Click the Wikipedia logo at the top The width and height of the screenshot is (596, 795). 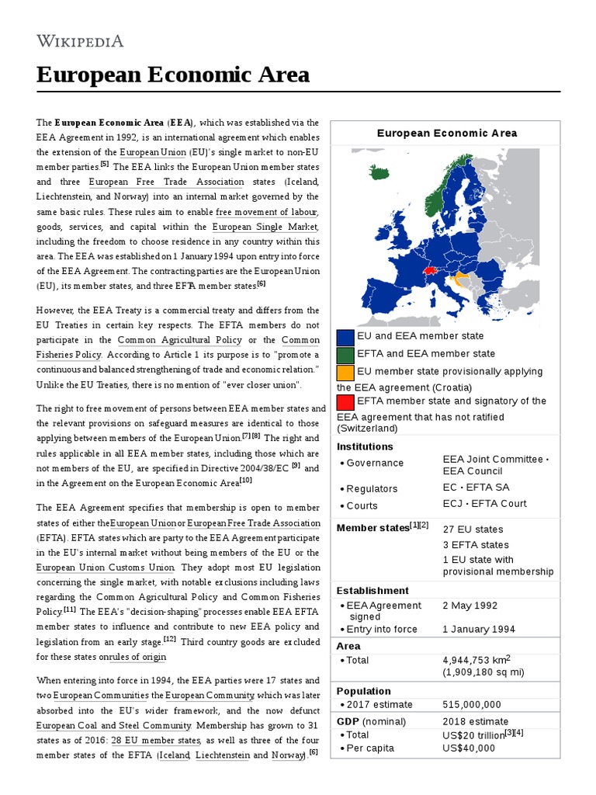pos(80,41)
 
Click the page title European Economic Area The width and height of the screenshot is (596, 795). pos(173,75)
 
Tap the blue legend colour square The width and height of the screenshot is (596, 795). pos(345,338)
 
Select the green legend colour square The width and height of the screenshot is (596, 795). pos(345,355)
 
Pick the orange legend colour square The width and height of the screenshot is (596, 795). pos(345,372)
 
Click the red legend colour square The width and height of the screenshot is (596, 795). pos(345,402)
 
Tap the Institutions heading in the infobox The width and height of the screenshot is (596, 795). pos(365,446)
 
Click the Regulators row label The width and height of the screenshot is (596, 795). pos(372,489)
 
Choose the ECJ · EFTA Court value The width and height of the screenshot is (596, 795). pos(484,503)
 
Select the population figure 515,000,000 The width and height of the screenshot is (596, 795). pos(472,705)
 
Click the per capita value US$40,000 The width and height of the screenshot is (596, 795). pos(469,748)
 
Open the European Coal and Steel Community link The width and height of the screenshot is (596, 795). pos(113,725)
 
